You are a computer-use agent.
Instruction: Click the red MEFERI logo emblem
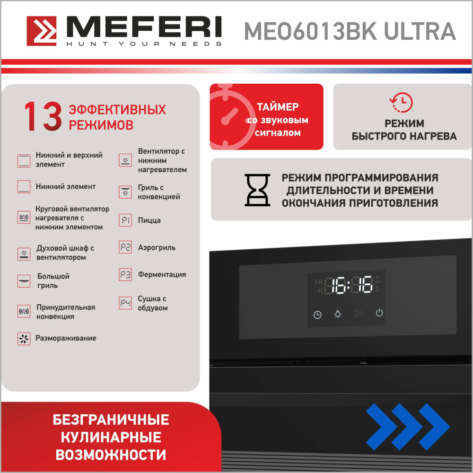click(x=42, y=32)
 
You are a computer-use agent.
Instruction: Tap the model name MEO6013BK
click(x=310, y=31)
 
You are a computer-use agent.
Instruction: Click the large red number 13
click(x=43, y=117)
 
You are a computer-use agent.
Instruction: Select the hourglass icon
click(x=257, y=190)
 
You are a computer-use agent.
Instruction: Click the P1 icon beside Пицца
click(x=125, y=220)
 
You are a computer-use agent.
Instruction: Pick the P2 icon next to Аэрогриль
click(x=125, y=247)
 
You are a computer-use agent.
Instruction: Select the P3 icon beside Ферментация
click(x=125, y=275)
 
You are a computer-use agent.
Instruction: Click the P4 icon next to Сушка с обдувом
click(x=125, y=303)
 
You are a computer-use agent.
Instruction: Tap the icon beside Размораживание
click(x=24, y=339)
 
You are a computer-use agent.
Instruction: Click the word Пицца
click(x=149, y=220)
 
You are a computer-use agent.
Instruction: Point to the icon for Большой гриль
click(x=24, y=281)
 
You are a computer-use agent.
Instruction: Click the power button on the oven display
click(x=379, y=313)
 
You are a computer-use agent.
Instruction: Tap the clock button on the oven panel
click(x=317, y=315)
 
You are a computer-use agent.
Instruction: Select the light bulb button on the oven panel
click(x=337, y=314)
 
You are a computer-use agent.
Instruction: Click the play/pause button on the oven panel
click(x=359, y=313)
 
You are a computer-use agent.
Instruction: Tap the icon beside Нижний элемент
click(x=24, y=187)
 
